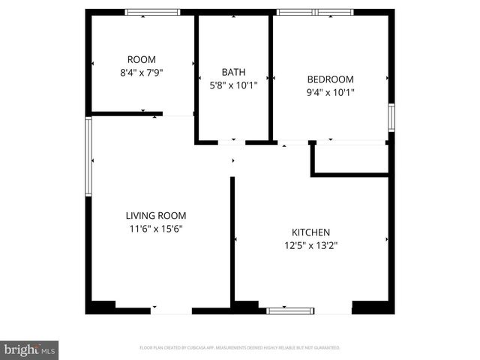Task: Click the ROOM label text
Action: (141, 59)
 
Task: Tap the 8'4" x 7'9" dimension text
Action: (141, 73)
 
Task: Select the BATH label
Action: (233, 72)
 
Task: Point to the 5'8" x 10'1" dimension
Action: (233, 85)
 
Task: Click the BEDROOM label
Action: (330, 79)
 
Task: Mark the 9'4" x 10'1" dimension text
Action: (330, 93)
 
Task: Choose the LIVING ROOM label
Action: (156, 215)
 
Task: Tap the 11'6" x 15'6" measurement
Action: (156, 229)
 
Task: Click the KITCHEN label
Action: (310, 232)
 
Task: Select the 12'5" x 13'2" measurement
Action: (310, 246)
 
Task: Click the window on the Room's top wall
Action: (152, 12)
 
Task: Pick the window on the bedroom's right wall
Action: (391, 118)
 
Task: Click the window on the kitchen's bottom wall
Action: (290, 310)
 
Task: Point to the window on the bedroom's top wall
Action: (315, 12)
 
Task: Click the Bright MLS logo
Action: (29, 349)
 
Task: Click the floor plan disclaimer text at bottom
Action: (240, 348)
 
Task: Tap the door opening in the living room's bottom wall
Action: (171, 310)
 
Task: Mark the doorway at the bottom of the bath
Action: (232, 141)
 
